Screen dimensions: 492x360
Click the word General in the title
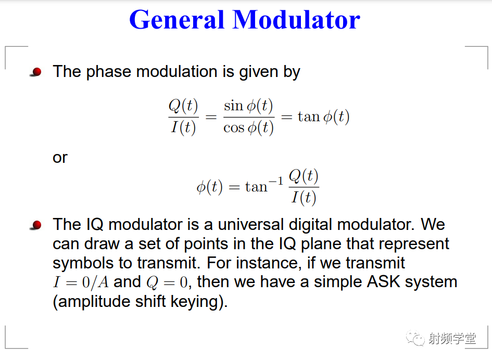click(176, 20)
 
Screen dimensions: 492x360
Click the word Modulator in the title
click(296, 20)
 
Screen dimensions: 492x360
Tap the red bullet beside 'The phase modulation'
click(36, 72)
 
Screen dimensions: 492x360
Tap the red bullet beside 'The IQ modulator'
click(36, 225)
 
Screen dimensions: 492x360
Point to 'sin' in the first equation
click(234, 106)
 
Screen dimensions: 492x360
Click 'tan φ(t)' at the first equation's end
click(323, 117)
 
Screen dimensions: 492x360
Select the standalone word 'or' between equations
click(60, 158)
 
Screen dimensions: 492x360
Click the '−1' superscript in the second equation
click(276, 181)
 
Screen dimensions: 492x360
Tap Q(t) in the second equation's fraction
click(304, 176)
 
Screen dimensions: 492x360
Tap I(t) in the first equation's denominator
click(184, 127)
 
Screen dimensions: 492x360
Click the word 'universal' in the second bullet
click(251, 225)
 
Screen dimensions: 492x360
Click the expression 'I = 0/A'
click(81, 282)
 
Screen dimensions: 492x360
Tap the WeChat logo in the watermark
click(415, 338)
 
